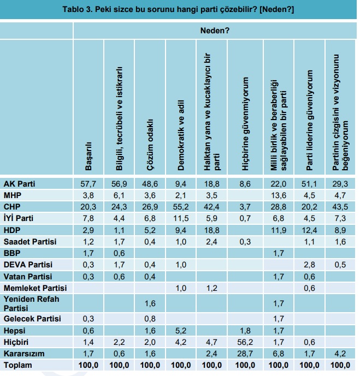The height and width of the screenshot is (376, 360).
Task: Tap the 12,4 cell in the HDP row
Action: point(310,229)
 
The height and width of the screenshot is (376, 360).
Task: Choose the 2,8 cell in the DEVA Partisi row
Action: point(310,264)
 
